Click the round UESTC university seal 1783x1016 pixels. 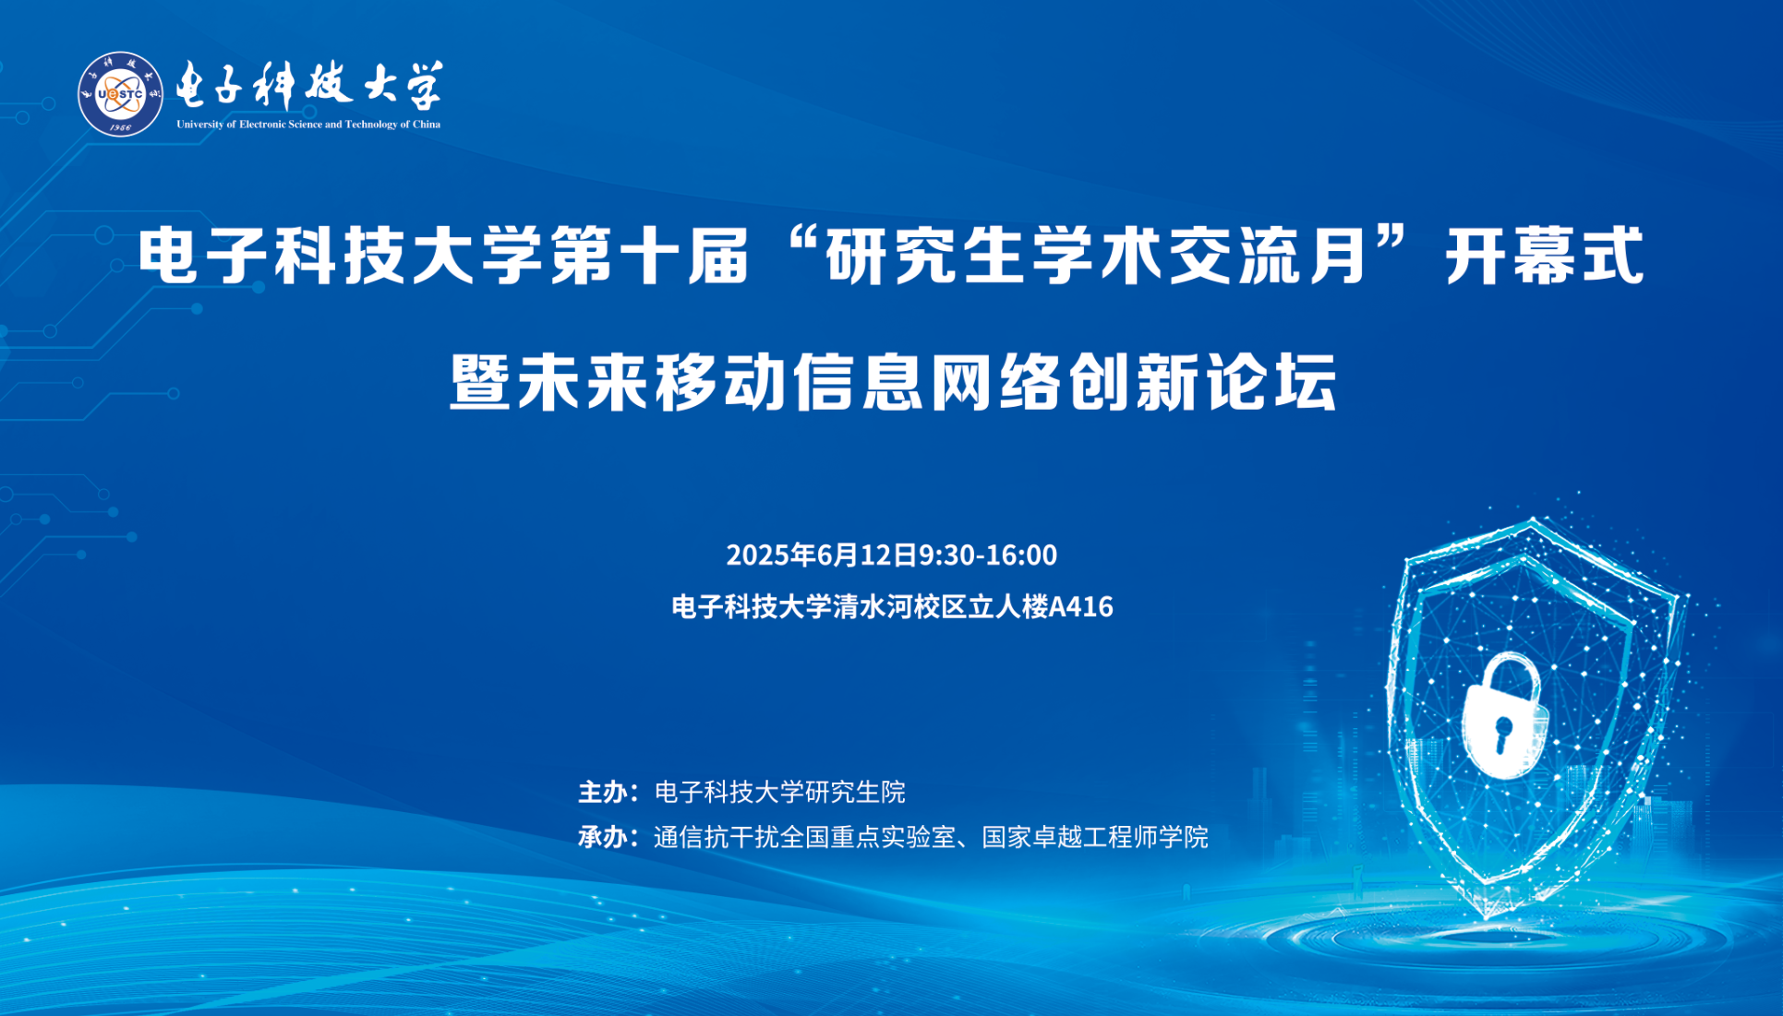click(120, 94)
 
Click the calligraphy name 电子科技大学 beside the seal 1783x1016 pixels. click(309, 85)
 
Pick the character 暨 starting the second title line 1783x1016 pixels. click(481, 381)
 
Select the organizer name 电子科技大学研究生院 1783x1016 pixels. click(780, 792)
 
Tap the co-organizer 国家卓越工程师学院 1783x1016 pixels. click(1095, 837)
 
